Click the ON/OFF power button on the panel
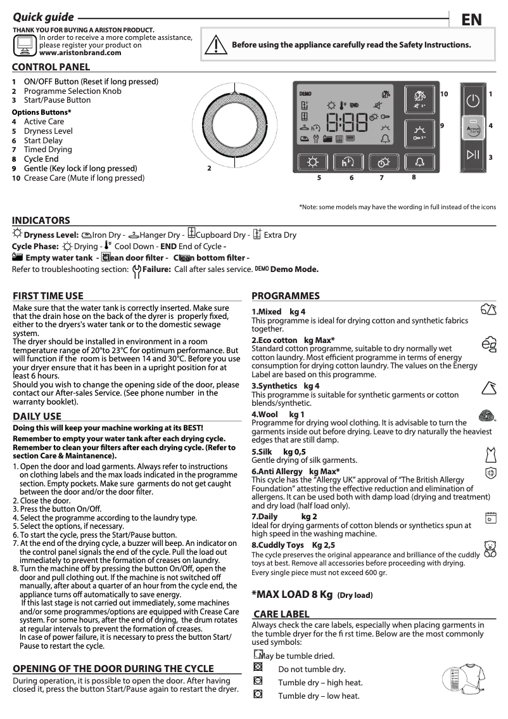(x=474, y=101)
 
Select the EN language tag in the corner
(x=471, y=20)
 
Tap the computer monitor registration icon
(x=25, y=44)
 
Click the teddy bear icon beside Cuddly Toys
(x=490, y=548)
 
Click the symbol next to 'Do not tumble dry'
(x=258, y=668)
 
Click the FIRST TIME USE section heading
(x=48, y=295)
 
